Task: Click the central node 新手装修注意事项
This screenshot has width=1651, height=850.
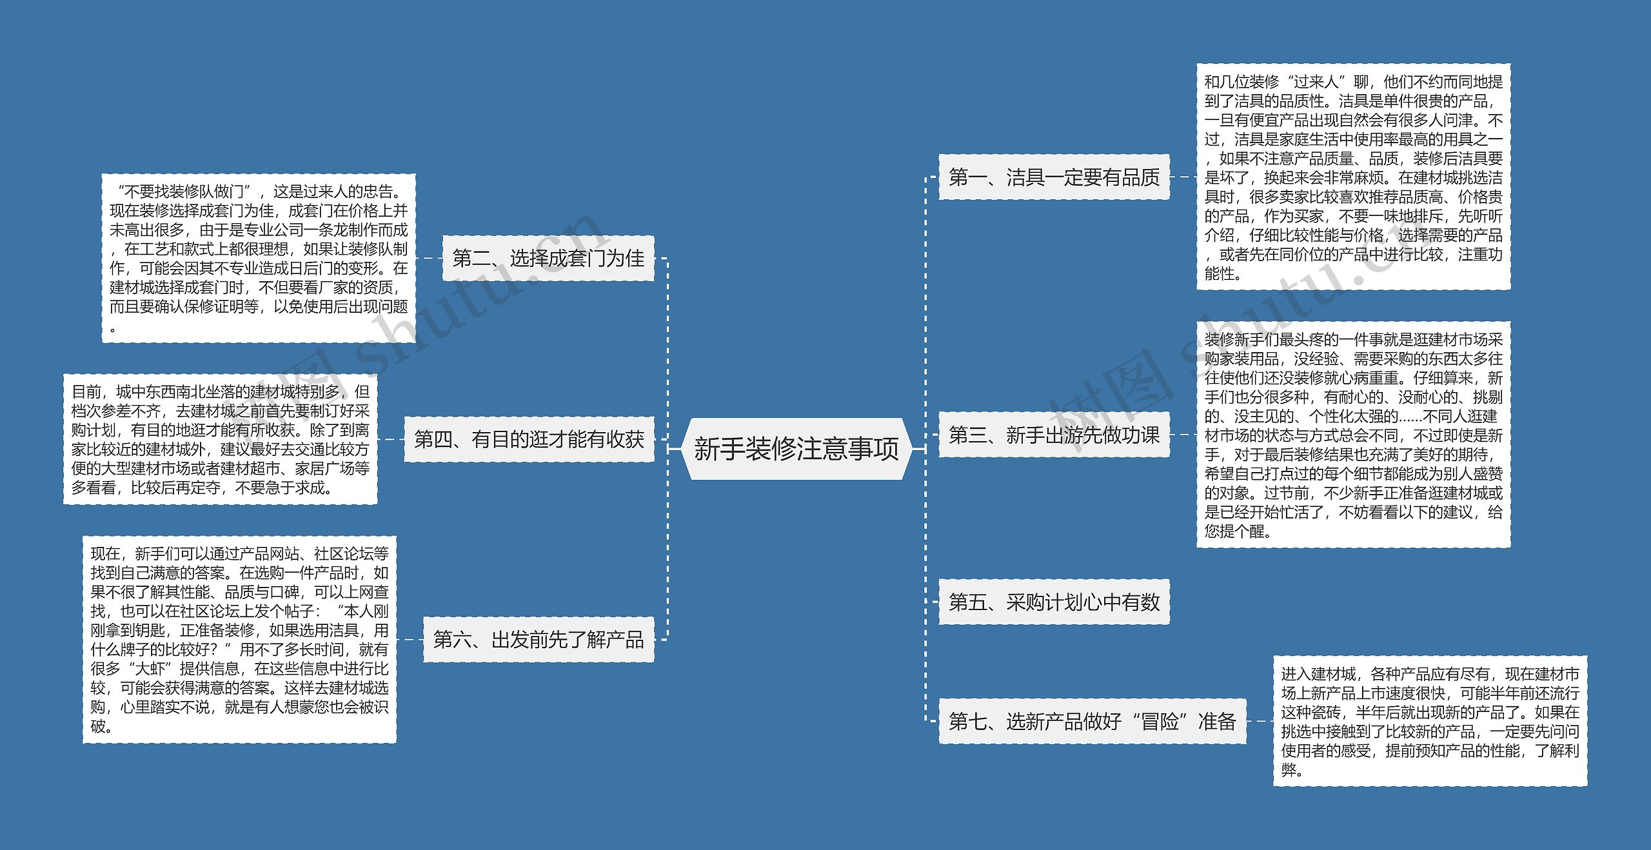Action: click(x=796, y=448)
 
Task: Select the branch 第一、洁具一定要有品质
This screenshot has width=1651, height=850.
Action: click(x=1054, y=177)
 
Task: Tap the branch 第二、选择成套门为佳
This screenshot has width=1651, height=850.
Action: click(x=548, y=258)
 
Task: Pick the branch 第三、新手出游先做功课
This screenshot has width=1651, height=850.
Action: click(x=1054, y=435)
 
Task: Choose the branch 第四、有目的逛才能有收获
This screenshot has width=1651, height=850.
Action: click(x=529, y=439)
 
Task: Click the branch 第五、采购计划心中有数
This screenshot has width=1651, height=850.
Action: click(x=1054, y=602)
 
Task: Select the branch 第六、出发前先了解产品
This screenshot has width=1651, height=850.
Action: click(x=539, y=639)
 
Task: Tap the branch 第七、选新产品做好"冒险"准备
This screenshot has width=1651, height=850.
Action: click(x=1092, y=720)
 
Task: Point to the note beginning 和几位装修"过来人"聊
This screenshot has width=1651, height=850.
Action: click(x=1353, y=177)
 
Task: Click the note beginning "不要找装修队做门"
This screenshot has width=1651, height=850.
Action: click(x=259, y=258)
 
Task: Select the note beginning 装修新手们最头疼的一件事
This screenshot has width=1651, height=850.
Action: click(x=1353, y=435)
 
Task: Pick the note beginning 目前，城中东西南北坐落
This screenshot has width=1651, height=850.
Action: click(x=220, y=439)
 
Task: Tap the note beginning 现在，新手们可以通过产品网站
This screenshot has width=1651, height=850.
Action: click(x=239, y=639)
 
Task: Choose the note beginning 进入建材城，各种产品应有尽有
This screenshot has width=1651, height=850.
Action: click(x=1430, y=720)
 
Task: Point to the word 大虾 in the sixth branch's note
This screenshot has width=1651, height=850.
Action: click(x=149, y=669)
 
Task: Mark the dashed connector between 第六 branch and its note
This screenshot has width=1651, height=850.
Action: click(x=410, y=639)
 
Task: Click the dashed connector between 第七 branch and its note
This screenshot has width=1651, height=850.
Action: click(x=1260, y=720)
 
